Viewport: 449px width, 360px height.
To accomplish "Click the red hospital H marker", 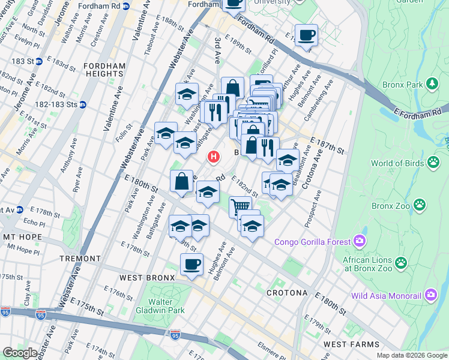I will pyautogui.click(x=212, y=157).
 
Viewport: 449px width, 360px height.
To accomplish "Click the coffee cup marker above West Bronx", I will pyautogui.click(x=191, y=264).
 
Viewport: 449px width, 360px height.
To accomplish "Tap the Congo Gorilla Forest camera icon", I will pyautogui.click(x=360, y=242).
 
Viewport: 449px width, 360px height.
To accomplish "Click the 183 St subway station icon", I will pyautogui.click(x=38, y=61).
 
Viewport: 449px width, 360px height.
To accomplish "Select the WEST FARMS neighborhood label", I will pyautogui.click(x=351, y=344).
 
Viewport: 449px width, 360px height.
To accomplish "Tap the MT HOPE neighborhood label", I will pyautogui.click(x=22, y=237).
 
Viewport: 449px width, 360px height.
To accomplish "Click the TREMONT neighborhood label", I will pyautogui.click(x=80, y=259).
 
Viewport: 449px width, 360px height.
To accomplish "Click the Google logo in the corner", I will pyautogui.click(x=20, y=352).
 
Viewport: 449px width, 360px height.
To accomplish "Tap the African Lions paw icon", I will pyautogui.click(x=400, y=262).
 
